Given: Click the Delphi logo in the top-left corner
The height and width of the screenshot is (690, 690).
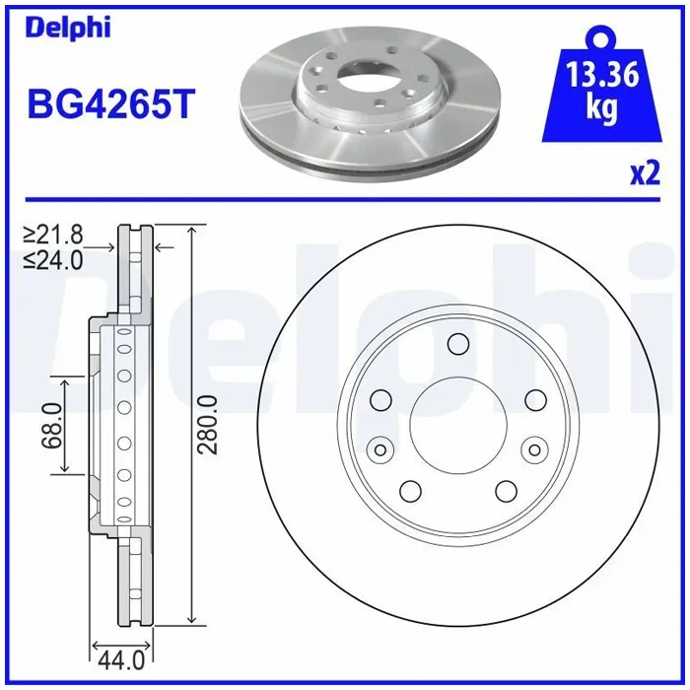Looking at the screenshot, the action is (x=68, y=28).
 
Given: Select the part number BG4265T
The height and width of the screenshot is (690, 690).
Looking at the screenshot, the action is (x=110, y=104).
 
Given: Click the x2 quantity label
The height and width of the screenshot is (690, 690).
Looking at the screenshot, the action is (x=646, y=173).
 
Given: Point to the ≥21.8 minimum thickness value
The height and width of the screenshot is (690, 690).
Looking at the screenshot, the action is (x=53, y=235).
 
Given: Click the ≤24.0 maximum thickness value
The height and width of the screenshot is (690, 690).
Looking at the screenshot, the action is (x=53, y=260).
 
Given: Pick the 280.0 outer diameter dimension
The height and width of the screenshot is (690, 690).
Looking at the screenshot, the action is (x=208, y=425).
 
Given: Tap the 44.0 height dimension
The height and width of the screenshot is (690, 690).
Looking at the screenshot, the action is (x=121, y=660).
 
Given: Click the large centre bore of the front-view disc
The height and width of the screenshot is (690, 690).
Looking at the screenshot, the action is (x=458, y=425).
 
